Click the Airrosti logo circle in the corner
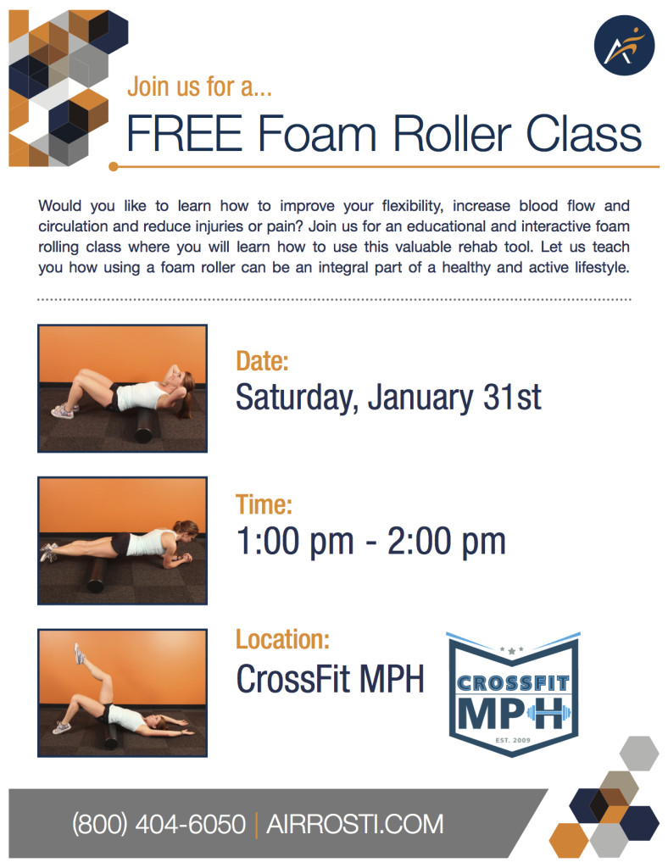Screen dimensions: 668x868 click(624, 45)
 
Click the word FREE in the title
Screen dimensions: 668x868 click(184, 133)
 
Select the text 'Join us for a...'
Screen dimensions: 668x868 click(199, 86)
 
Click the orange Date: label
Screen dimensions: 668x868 click(262, 361)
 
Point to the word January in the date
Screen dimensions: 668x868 click(420, 398)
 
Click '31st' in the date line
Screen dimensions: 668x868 click(511, 397)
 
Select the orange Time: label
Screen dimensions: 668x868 click(264, 505)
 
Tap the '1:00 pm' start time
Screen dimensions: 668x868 click(295, 542)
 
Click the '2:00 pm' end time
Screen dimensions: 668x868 click(446, 542)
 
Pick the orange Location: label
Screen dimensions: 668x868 click(282, 639)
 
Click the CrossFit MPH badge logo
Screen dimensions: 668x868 click(513, 694)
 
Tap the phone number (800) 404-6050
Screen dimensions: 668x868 click(159, 824)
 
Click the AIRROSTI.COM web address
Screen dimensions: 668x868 click(354, 824)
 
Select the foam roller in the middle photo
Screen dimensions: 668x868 click(97, 575)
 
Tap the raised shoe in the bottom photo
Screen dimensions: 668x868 click(79, 654)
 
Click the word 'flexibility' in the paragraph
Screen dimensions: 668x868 click(412, 206)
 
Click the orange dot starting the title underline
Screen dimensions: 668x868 click(114, 167)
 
